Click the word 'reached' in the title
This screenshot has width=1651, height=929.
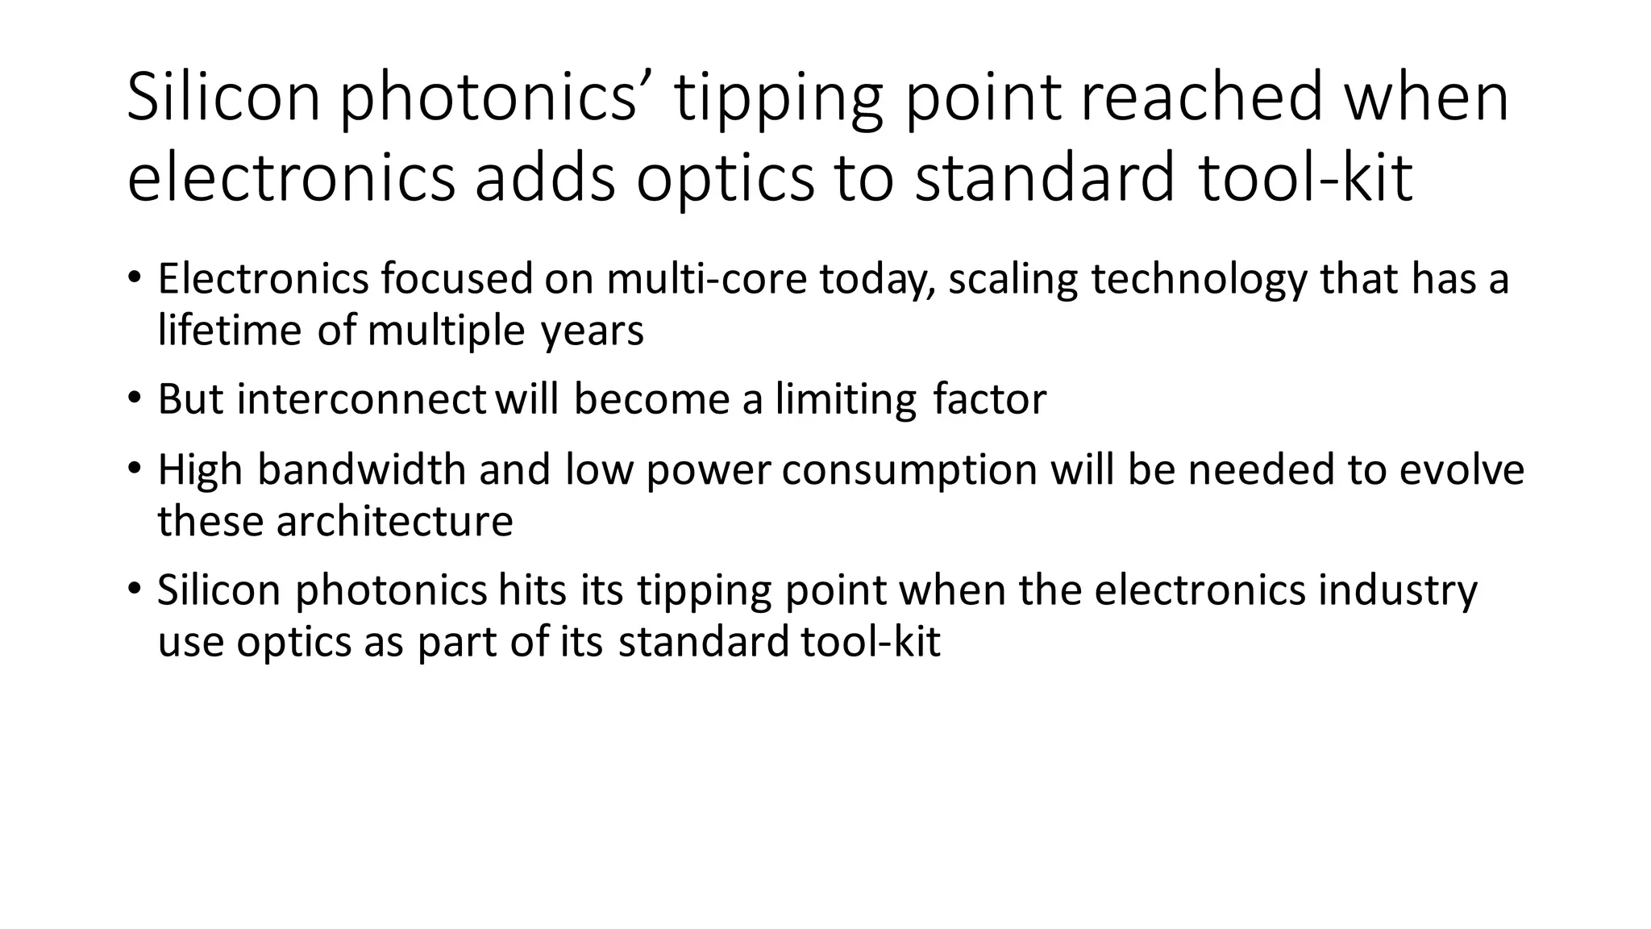coord(1201,97)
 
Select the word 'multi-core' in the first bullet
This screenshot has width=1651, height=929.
coord(706,279)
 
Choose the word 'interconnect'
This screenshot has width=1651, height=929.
coord(361,399)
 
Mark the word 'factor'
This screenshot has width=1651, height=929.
coord(989,399)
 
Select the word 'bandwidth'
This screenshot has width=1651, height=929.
coord(362,469)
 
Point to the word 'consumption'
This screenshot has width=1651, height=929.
coord(909,471)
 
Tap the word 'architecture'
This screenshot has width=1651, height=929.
coord(395,521)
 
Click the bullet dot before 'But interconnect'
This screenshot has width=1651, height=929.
coord(134,398)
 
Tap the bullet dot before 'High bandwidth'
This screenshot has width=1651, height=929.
coord(134,469)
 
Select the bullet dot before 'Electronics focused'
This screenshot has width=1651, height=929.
coord(134,278)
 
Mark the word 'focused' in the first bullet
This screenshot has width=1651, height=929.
coord(457,279)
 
